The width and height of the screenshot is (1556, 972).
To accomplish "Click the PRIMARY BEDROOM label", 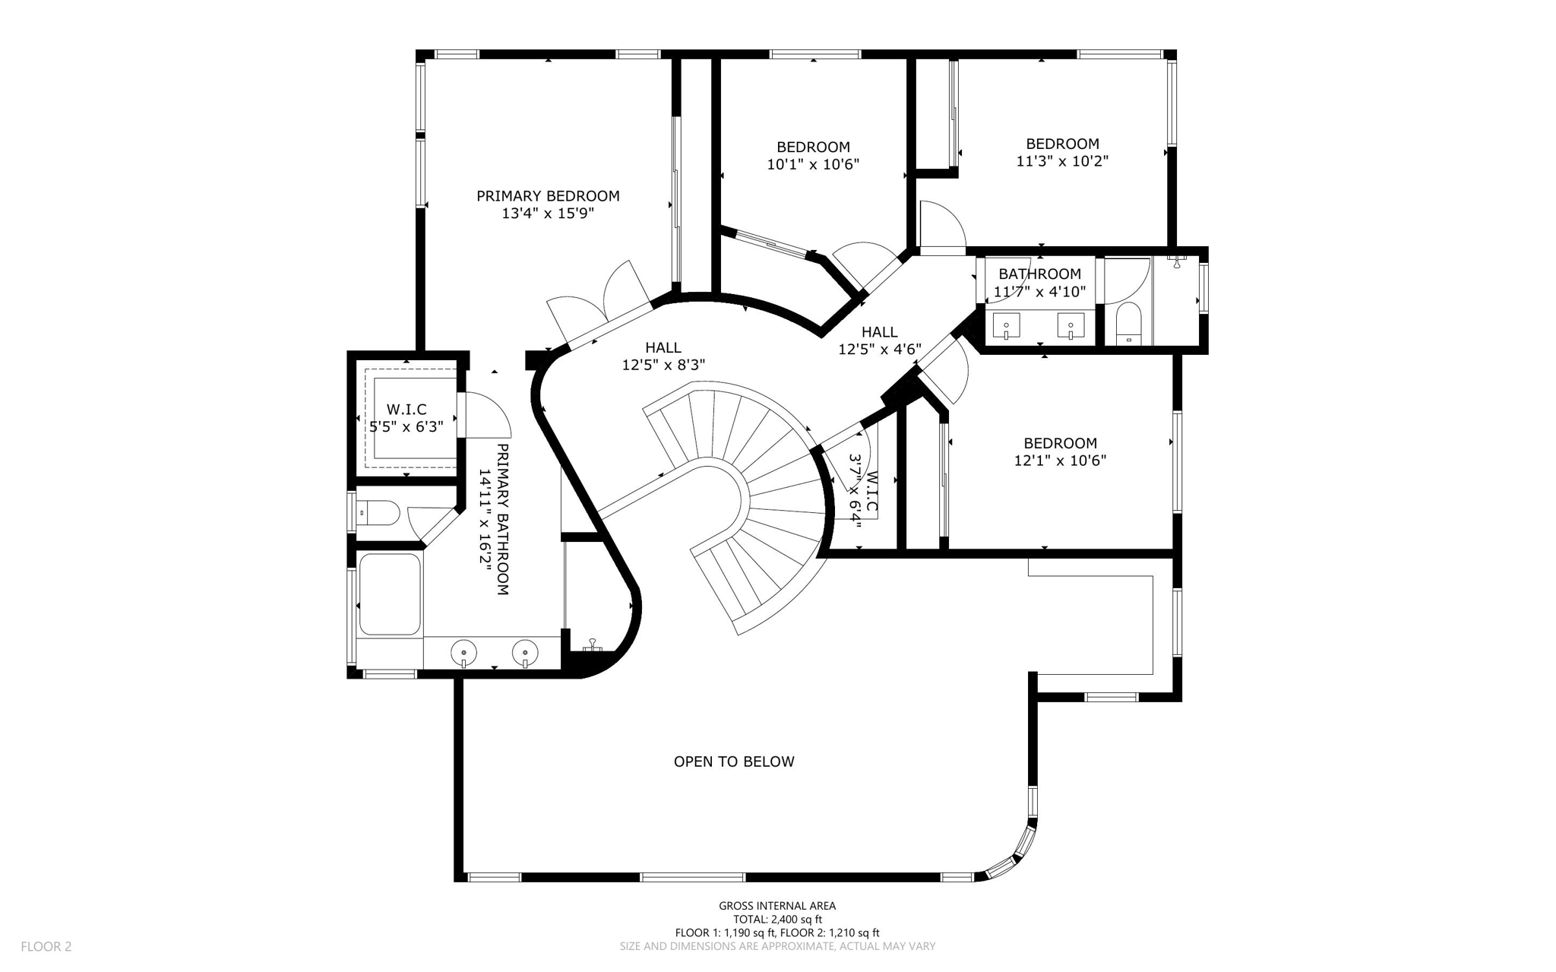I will point(548,196).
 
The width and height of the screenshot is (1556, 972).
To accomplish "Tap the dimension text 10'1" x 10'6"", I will point(813,164).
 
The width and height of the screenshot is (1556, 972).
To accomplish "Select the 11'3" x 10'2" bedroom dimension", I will point(1062,161).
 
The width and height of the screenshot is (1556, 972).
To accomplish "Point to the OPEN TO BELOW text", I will point(734,761).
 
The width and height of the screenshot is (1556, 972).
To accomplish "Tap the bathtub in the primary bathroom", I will point(390,594).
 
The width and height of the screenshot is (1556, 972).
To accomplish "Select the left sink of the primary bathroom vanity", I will point(463,652).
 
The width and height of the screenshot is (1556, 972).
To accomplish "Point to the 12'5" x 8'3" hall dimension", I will point(663,366).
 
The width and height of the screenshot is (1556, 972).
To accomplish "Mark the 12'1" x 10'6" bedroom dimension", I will point(1060,461).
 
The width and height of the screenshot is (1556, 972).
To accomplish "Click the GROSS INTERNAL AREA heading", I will point(777,906).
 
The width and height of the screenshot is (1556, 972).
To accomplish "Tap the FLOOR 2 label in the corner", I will point(46,946).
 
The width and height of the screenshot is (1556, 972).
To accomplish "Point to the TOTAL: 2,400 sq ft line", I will point(777,920).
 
